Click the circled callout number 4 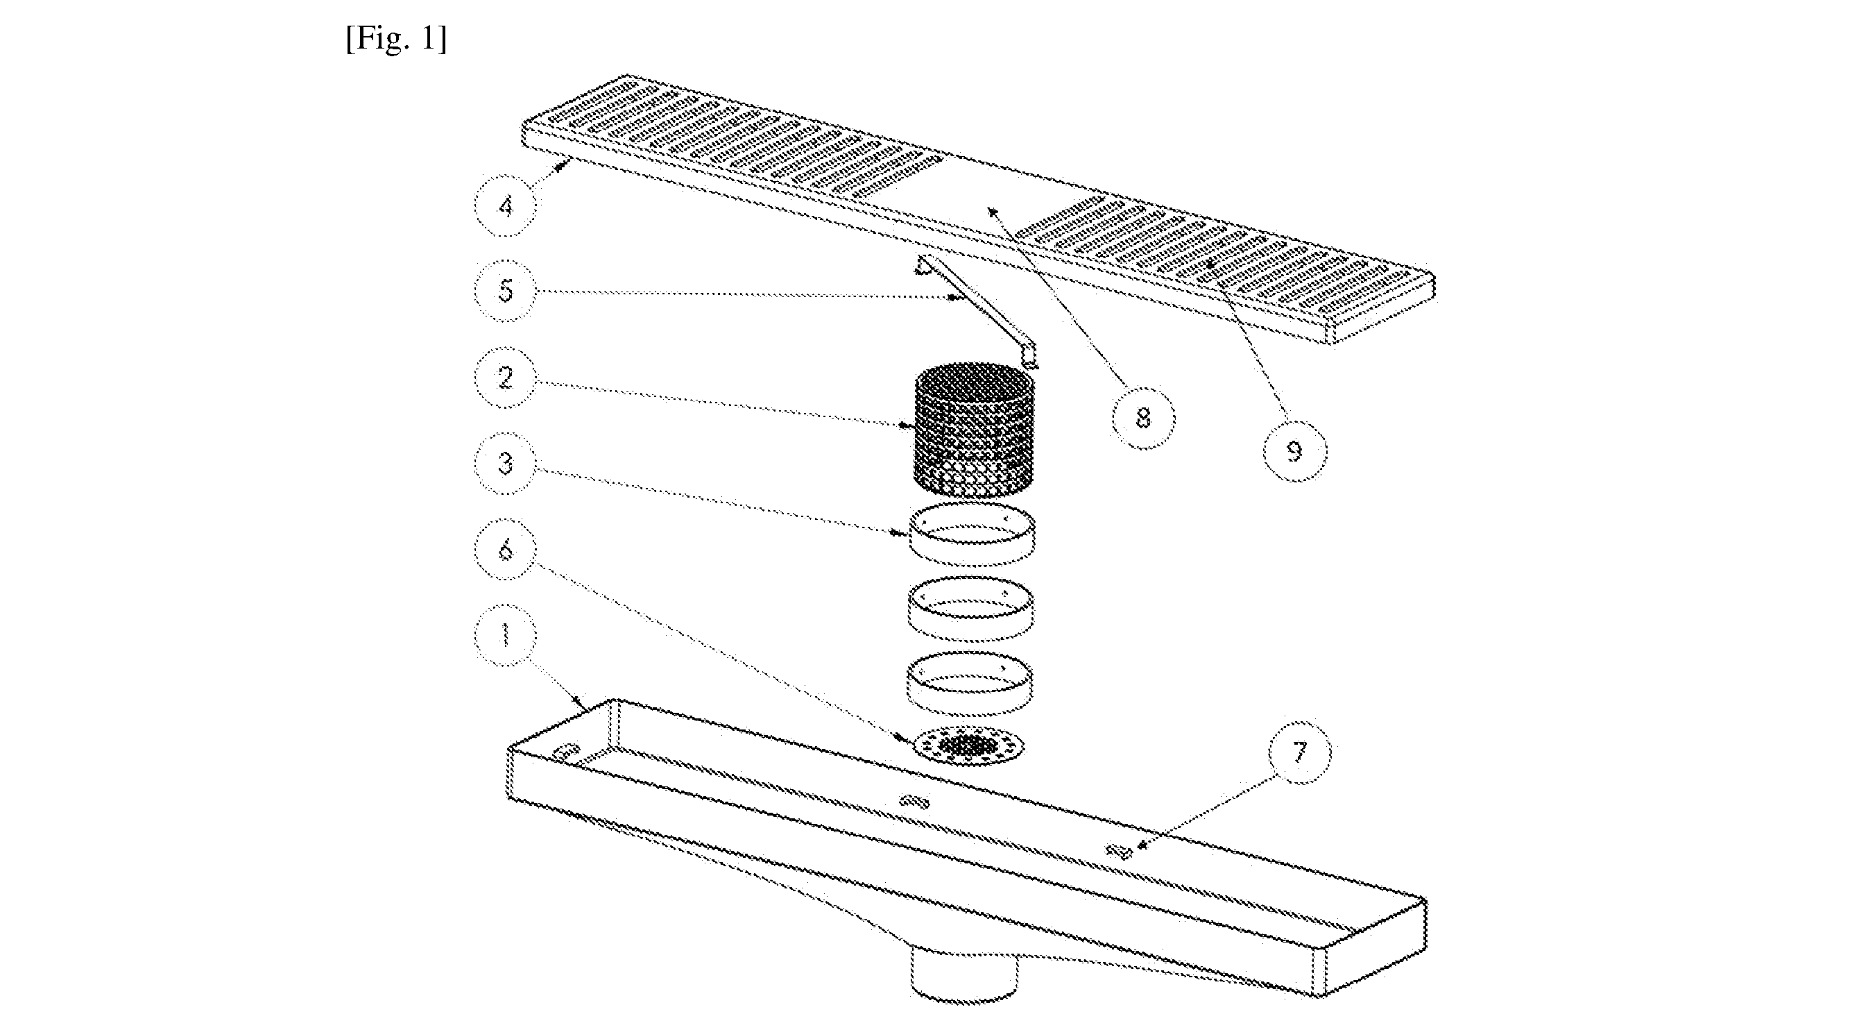pos(506,207)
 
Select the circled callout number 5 pos(506,292)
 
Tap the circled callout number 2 pos(506,377)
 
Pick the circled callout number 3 pos(506,464)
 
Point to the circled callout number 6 pos(506,549)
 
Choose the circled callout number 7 pos(1299,752)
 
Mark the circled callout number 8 pos(1144,418)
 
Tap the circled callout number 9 pos(1295,451)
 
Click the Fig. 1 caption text pos(396,39)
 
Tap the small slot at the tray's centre pos(914,801)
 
